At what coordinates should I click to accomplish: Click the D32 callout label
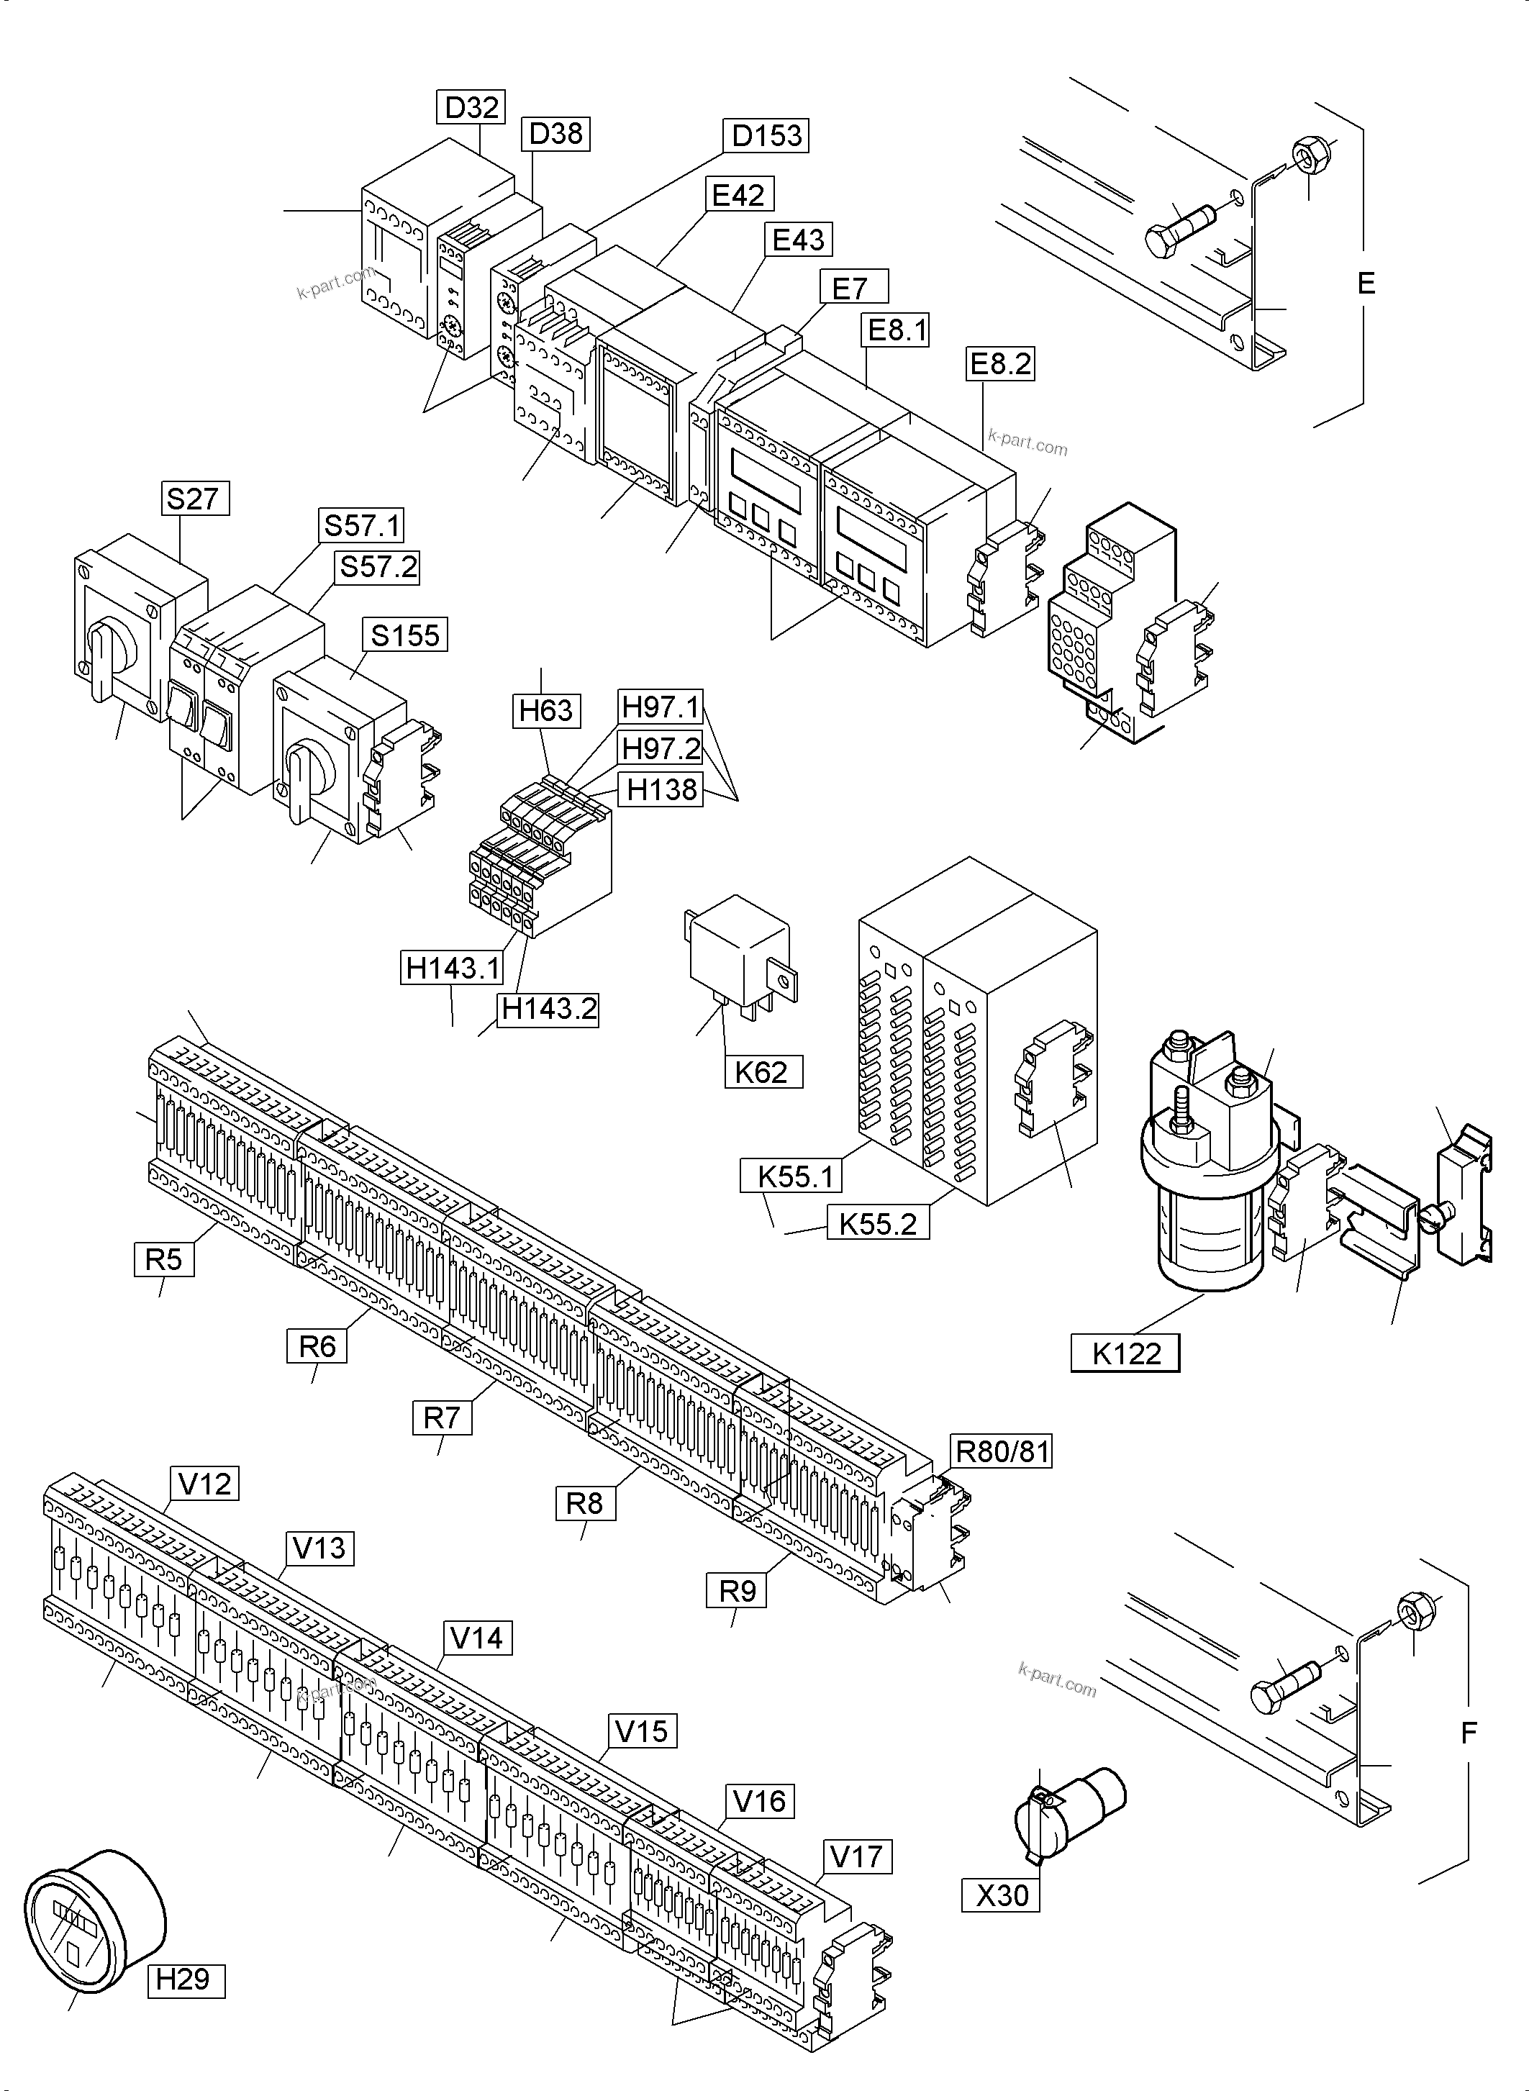pyautogui.click(x=472, y=107)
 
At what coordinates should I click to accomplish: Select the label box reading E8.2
pyautogui.click(x=999, y=364)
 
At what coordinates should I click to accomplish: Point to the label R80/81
pyautogui.click(x=1002, y=1451)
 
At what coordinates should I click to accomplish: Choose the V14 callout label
pyautogui.click(x=476, y=1638)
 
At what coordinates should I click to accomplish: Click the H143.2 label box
pyautogui.click(x=548, y=1009)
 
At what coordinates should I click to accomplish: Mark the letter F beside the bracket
pyautogui.click(x=1468, y=1733)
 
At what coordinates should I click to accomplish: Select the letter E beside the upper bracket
pyautogui.click(x=1366, y=284)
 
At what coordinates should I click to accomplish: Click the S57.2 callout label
pyautogui.click(x=378, y=566)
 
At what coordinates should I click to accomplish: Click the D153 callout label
pyautogui.click(x=766, y=135)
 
